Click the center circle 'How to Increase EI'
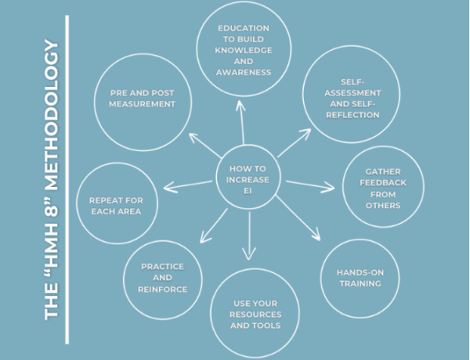coord(249,178)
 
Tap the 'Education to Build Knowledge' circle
coord(244,50)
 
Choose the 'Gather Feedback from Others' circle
coord(382,189)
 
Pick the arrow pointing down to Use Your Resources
coord(249,235)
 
